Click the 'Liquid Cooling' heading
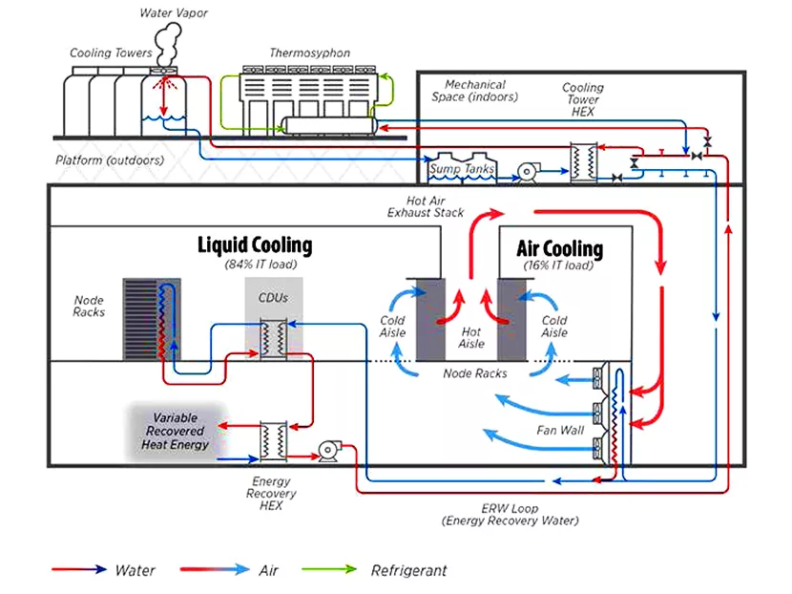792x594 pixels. coord(254,245)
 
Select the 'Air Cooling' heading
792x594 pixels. coord(559,249)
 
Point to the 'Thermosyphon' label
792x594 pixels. coord(309,53)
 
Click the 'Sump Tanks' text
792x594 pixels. coord(462,169)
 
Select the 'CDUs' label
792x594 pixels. coord(273,297)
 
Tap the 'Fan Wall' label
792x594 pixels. coord(558,431)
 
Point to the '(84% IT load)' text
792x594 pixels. coord(255,265)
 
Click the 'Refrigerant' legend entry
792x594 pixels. coord(408,571)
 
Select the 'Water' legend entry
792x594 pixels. coord(135,571)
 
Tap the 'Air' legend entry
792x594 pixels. coord(270,571)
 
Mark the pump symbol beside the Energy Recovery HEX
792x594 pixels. coord(330,450)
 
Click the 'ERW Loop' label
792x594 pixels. coord(510,508)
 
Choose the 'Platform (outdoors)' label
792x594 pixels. coord(109,159)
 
